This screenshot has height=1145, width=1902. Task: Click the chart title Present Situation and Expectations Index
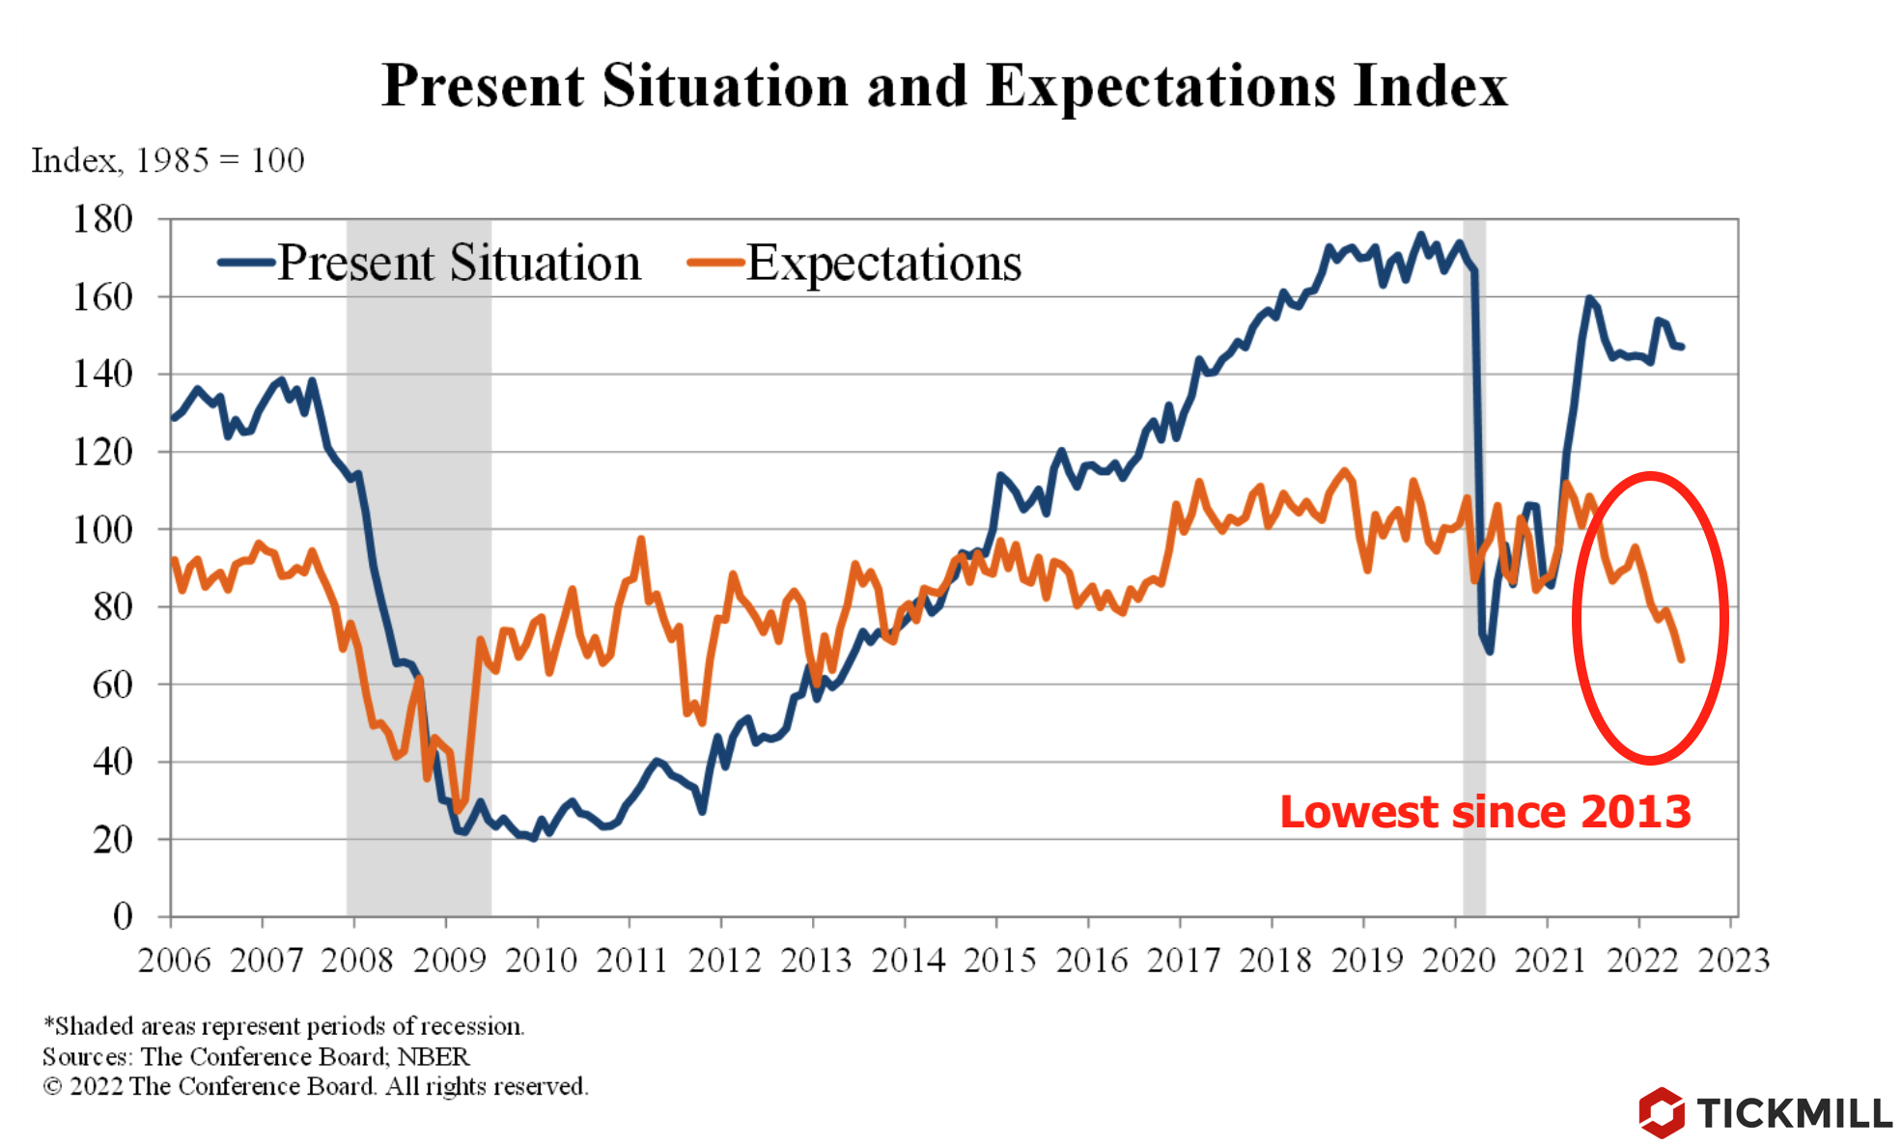[944, 86]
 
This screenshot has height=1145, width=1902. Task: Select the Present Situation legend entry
[459, 263]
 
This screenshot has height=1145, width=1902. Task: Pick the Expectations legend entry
[882, 263]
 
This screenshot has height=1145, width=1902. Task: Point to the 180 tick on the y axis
[103, 219]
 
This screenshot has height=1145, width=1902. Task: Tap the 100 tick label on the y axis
[103, 529]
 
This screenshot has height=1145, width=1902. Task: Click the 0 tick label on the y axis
[123, 915]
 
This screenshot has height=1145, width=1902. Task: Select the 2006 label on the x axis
[174, 961]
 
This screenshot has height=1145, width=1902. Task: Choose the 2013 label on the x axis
[816, 961]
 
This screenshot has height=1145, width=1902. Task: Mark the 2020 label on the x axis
[1458, 961]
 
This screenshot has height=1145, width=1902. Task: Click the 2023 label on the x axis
[1733, 961]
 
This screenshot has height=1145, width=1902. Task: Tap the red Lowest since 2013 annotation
[1485, 812]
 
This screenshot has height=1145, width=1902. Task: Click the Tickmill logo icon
[1661, 1112]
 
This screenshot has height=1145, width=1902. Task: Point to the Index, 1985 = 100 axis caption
[168, 160]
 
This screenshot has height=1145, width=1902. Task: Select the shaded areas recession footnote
[284, 1025]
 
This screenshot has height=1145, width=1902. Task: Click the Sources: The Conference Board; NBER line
[256, 1056]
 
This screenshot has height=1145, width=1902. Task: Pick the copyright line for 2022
[315, 1086]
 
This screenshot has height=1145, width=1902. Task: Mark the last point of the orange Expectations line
[1681, 659]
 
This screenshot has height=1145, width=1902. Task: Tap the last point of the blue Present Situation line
[1682, 347]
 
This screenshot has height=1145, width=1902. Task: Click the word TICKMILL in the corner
[1794, 1113]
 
